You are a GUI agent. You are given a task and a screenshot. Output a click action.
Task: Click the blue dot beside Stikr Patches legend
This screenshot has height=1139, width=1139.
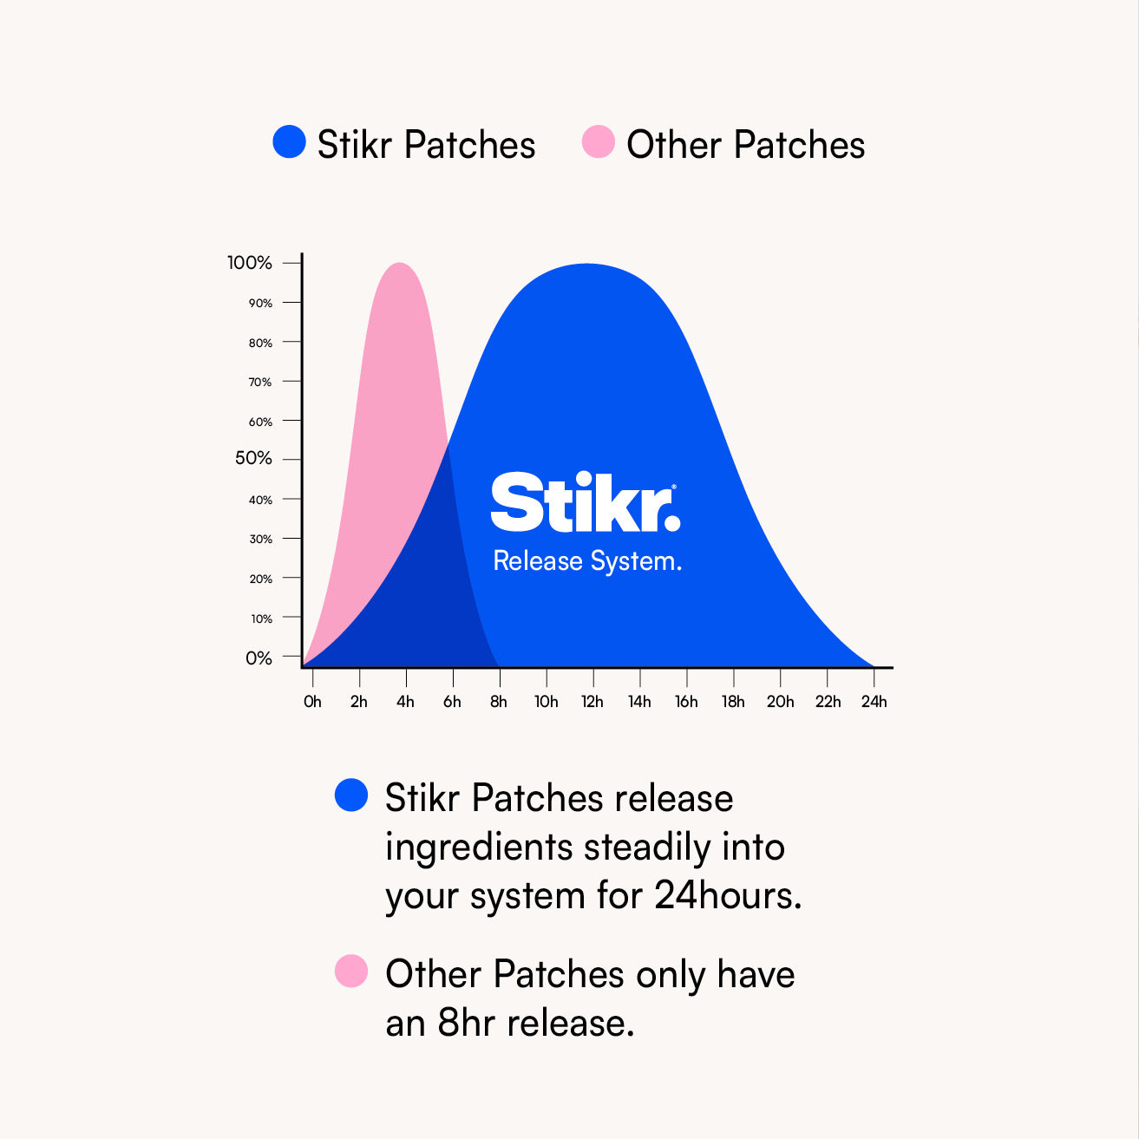[x=289, y=142]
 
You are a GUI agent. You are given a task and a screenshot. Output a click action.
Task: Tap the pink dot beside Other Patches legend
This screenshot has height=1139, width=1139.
[x=598, y=142]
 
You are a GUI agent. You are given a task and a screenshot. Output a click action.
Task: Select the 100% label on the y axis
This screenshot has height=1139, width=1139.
[x=250, y=263]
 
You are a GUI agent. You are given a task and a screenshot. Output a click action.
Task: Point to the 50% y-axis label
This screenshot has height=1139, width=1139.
[x=253, y=458]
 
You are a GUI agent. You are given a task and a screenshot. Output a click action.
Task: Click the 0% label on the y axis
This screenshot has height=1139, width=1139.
[x=259, y=658]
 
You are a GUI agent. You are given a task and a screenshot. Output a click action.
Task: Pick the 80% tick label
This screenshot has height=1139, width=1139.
[x=260, y=343]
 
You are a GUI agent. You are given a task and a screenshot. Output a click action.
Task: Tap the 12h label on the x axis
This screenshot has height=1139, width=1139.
[x=592, y=702]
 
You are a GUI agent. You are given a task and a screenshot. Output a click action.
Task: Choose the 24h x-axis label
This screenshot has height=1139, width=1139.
[x=874, y=702]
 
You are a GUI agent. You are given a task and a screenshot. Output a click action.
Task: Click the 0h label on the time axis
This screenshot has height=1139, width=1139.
[x=312, y=702]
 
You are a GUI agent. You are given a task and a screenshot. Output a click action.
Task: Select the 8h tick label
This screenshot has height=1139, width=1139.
[x=499, y=702]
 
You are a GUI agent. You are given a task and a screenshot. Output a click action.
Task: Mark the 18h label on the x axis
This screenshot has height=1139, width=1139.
[x=733, y=702]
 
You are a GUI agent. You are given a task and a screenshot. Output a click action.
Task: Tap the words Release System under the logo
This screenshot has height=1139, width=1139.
[x=586, y=561]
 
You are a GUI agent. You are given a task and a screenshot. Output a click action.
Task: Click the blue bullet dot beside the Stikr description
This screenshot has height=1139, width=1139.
[x=351, y=795]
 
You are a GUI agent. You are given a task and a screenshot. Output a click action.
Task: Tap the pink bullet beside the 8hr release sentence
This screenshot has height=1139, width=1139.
[x=351, y=971]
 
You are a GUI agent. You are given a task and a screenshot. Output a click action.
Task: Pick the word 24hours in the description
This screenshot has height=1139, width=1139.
[x=728, y=895]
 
